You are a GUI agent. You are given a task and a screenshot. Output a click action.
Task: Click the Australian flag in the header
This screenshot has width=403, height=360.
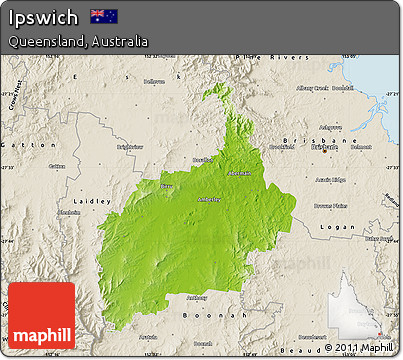click(103, 16)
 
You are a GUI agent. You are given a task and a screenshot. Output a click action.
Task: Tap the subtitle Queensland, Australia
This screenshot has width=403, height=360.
click(77, 42)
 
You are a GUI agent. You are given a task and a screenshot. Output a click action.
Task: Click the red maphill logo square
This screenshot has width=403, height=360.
click(41, 315)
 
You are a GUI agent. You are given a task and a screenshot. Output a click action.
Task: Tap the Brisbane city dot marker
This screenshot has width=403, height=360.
click(324, 148)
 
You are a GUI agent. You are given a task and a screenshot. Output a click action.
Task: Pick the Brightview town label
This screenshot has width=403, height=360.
click(129, 146)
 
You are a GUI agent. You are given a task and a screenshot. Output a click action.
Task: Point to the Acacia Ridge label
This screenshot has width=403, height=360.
click(330, 179)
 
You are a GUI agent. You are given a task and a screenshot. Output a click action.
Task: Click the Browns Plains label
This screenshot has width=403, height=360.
click(330, 205)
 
